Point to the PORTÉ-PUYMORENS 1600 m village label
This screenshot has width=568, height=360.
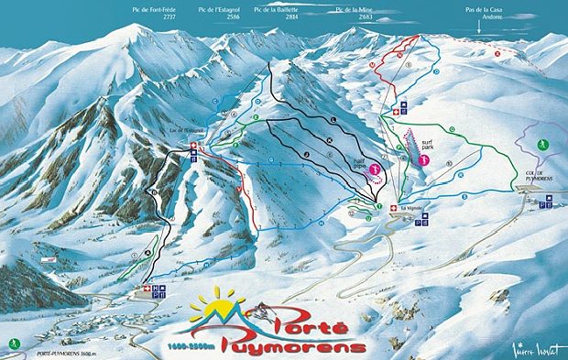61,354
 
